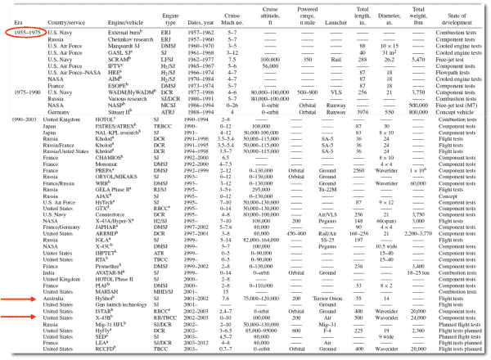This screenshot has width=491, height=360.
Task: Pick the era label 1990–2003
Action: (x=18, y=120)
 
